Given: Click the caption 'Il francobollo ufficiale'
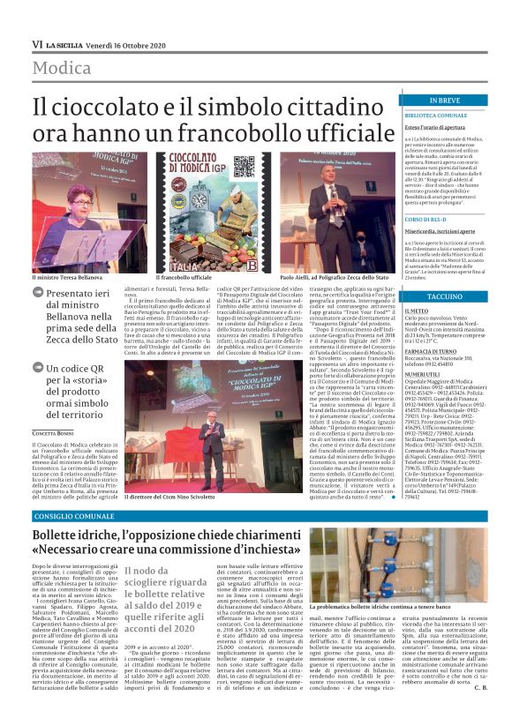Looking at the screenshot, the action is (159, 277).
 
